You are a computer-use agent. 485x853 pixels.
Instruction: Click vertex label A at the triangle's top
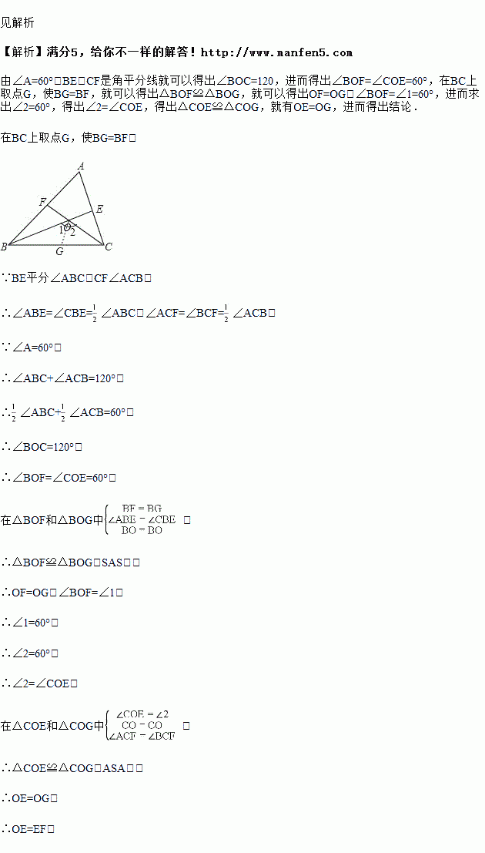(x=81, y=165)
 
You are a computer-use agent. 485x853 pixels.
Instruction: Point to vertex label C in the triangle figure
(x=109, y=247)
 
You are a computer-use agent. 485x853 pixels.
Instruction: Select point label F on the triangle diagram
(x=42, y=202)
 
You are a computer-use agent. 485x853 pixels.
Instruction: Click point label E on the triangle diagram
(x=99, y=209)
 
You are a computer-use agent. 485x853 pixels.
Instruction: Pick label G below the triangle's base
(x=59, y=252)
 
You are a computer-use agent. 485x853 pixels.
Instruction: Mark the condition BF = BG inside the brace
(x=142, y=509)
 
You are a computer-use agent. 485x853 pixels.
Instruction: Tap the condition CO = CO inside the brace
(x=142, y=725)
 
